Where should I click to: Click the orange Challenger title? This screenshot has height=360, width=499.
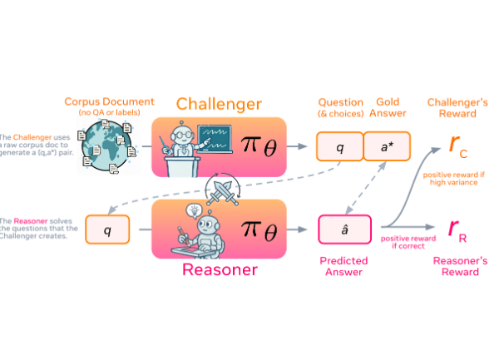218,105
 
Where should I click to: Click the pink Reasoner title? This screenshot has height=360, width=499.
219,269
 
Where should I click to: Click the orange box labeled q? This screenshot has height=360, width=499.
339,147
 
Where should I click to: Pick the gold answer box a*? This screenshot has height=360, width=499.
388,147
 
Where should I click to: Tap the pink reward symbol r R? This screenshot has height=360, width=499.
456,227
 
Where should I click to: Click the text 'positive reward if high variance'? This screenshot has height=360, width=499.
452,179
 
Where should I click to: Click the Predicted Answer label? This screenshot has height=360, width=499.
344,266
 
